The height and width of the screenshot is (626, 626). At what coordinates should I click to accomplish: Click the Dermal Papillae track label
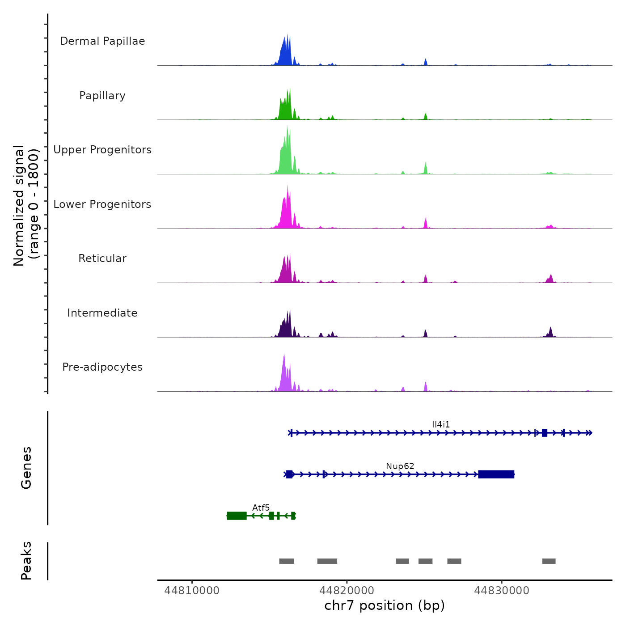tap(102, 41)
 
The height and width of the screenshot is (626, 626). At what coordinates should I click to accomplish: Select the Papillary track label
tap(102, 96)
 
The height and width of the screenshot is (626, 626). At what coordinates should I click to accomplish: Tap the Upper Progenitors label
tap(102, 150)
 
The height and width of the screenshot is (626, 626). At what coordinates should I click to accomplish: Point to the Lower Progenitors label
tap(102, 204)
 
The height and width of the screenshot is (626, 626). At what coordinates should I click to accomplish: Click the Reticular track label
tap(102, 258)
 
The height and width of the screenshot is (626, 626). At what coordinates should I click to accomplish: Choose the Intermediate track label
tap(102, 313)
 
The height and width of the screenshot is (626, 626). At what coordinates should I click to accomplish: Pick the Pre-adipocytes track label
tap(102, 367)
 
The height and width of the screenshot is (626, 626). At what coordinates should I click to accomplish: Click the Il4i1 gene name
tap(441, 424)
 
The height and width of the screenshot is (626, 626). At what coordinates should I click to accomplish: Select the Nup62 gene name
tap(400, 466)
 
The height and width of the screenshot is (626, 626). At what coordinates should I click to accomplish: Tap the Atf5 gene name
tap(261, 508)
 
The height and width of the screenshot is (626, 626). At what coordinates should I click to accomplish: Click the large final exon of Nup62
tap(496, 474)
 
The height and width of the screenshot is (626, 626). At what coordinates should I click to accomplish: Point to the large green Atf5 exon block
tap(237, 516)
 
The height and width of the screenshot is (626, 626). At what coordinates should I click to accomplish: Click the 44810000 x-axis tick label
tap(192, 590)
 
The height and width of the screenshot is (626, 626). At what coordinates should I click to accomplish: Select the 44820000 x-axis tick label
tap(347, 590)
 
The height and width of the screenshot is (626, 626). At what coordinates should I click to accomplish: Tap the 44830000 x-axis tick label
tap(502, 590)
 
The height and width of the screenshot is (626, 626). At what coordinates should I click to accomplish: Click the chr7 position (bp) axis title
tap(385, 605)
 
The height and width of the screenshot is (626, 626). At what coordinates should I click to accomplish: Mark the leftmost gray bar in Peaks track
tap(287, 561)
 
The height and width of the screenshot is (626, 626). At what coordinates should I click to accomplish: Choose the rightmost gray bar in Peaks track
tap(549, 561)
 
